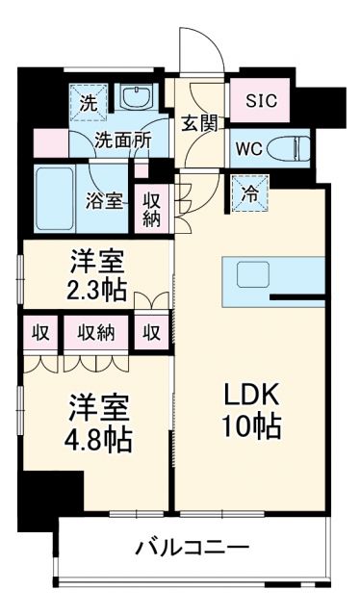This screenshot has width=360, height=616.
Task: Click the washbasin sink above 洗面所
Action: pos(137,97)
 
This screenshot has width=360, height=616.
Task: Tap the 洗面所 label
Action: pos(122,139)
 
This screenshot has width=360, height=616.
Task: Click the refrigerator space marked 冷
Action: pos(248,192)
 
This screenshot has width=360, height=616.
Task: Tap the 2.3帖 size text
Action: pos(95,288)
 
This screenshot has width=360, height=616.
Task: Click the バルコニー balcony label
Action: pos(192,549)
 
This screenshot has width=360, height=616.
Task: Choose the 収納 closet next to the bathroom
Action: pos(152,209)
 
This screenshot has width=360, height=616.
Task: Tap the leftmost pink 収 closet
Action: pos(40,333)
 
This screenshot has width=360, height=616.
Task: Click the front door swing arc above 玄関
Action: pos(199,50)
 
